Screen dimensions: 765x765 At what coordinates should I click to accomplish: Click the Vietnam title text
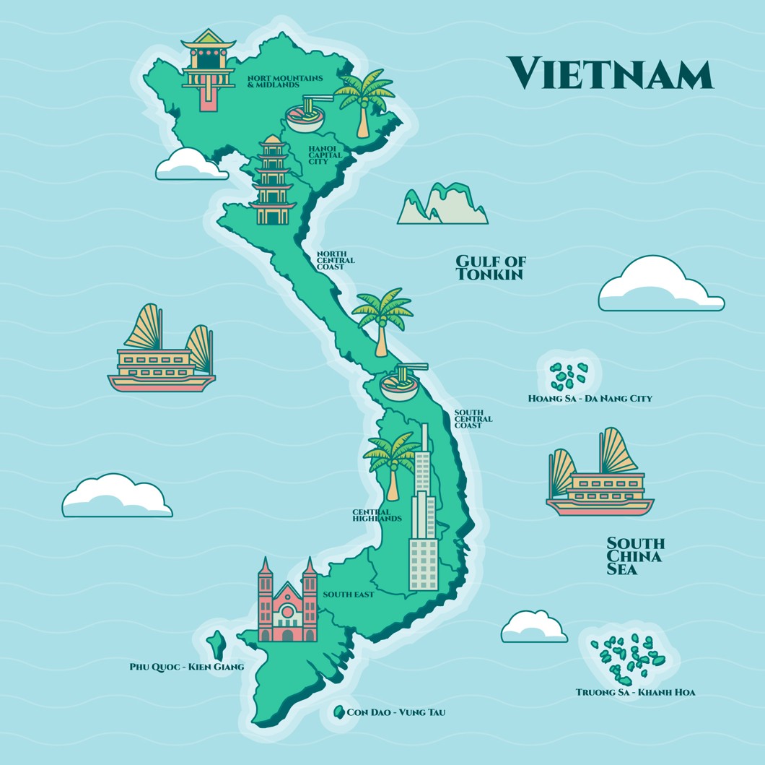click(610, 74)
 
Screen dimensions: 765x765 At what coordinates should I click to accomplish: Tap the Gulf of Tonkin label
click(491, 268)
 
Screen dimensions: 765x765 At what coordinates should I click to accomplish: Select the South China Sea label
click(635, 556)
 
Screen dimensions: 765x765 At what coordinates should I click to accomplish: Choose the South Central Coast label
click(473, 419)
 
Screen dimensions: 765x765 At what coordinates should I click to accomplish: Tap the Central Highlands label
click(376, 515)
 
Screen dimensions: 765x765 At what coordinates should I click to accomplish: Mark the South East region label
click(349, 595)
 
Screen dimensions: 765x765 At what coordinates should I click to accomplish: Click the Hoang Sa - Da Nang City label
click(590, 398)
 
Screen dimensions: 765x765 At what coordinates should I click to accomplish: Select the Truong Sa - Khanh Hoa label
click(635, 692)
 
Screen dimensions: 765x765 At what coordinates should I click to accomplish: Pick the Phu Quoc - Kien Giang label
click(186, 667)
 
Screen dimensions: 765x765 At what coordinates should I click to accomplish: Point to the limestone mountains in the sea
click(442, 204)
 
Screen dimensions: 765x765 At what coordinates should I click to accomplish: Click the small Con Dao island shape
click(338, 712)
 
